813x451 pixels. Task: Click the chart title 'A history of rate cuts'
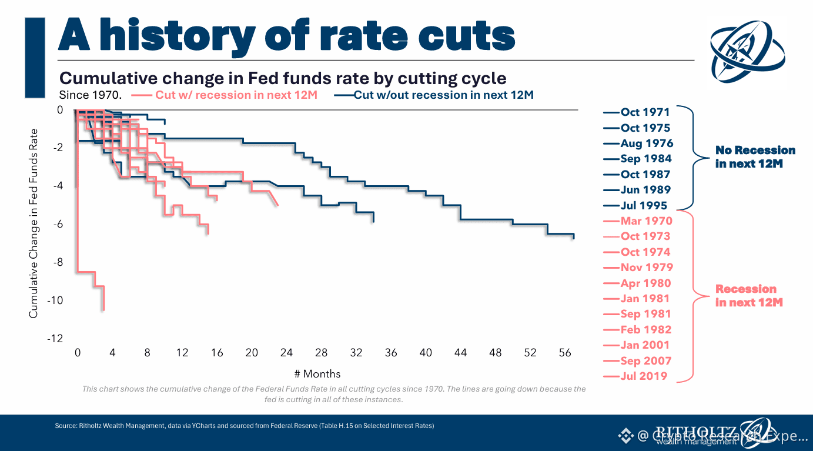tap(286, 35)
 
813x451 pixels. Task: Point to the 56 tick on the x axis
tap(565, 353)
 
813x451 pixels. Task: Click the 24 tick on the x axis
tap(286, 353)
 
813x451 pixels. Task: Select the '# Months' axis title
tap(317, 374)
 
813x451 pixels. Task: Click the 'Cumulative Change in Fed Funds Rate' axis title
tap(34, 223)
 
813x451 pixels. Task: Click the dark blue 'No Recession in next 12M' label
tap(755, 157)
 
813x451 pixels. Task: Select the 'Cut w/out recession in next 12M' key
tap(444, 95)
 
